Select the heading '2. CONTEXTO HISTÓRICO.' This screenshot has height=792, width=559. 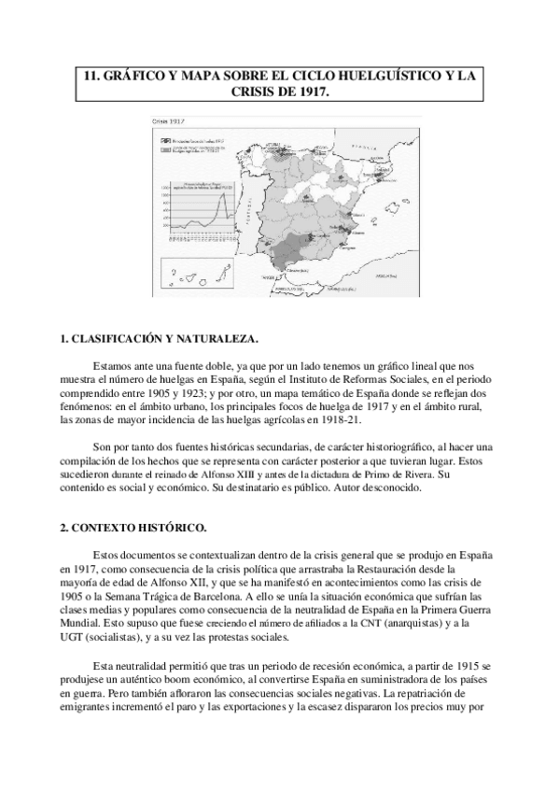(121, 527)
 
